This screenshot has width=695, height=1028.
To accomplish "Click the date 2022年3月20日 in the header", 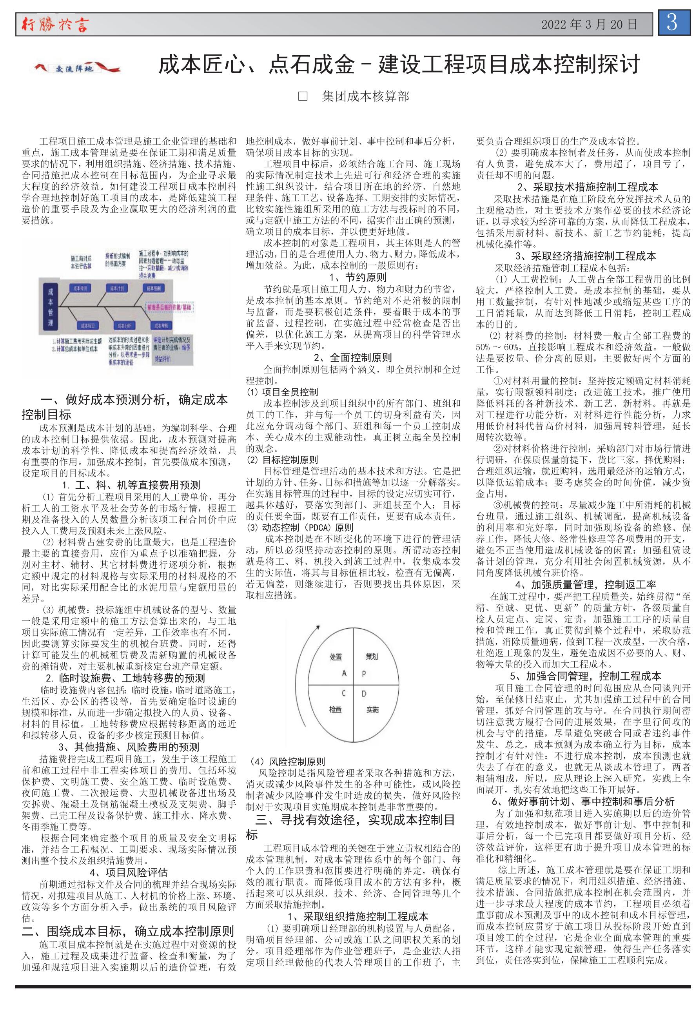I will coord(589,25).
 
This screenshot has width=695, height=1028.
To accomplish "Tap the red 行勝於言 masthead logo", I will coord(55,25).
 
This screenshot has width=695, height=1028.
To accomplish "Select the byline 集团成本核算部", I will coord(365,96).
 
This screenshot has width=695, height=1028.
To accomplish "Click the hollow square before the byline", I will coord(303,96).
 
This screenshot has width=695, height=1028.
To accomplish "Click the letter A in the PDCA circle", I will coord(344,673).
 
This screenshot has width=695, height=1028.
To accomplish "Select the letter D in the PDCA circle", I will coord(364,694).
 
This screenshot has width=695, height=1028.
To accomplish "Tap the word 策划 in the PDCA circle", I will coord(372,656).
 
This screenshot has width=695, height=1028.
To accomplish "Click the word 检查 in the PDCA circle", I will coord(335,709).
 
